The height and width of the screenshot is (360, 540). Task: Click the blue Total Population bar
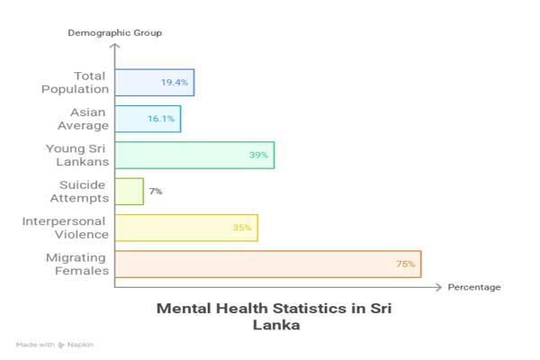(x=154, y=83)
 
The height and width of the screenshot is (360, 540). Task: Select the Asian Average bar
(x=148, y=119)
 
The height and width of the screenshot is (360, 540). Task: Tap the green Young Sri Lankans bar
(x=193, y=155)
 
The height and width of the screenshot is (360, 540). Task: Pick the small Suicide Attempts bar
(x=129, y=191)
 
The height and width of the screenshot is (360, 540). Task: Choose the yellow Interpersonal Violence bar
(x=185, y=228)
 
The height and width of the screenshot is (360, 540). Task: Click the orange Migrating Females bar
(x=267, y=264)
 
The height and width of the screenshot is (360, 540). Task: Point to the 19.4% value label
(x=175, y=83)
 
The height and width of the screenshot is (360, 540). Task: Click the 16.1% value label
(x=163, y=119)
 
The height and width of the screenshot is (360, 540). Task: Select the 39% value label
(x=258, y=155)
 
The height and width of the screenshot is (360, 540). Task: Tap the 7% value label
(x=156, y=191)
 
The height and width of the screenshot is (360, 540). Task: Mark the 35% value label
(x=241, y=228)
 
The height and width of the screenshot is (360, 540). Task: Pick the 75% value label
(x=405, y=264)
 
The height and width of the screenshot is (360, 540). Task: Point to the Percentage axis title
(x=474, y=287)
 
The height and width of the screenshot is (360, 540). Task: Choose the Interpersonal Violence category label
(x=64, y=228)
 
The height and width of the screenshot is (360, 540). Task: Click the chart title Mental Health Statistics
(x=274, y=317)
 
